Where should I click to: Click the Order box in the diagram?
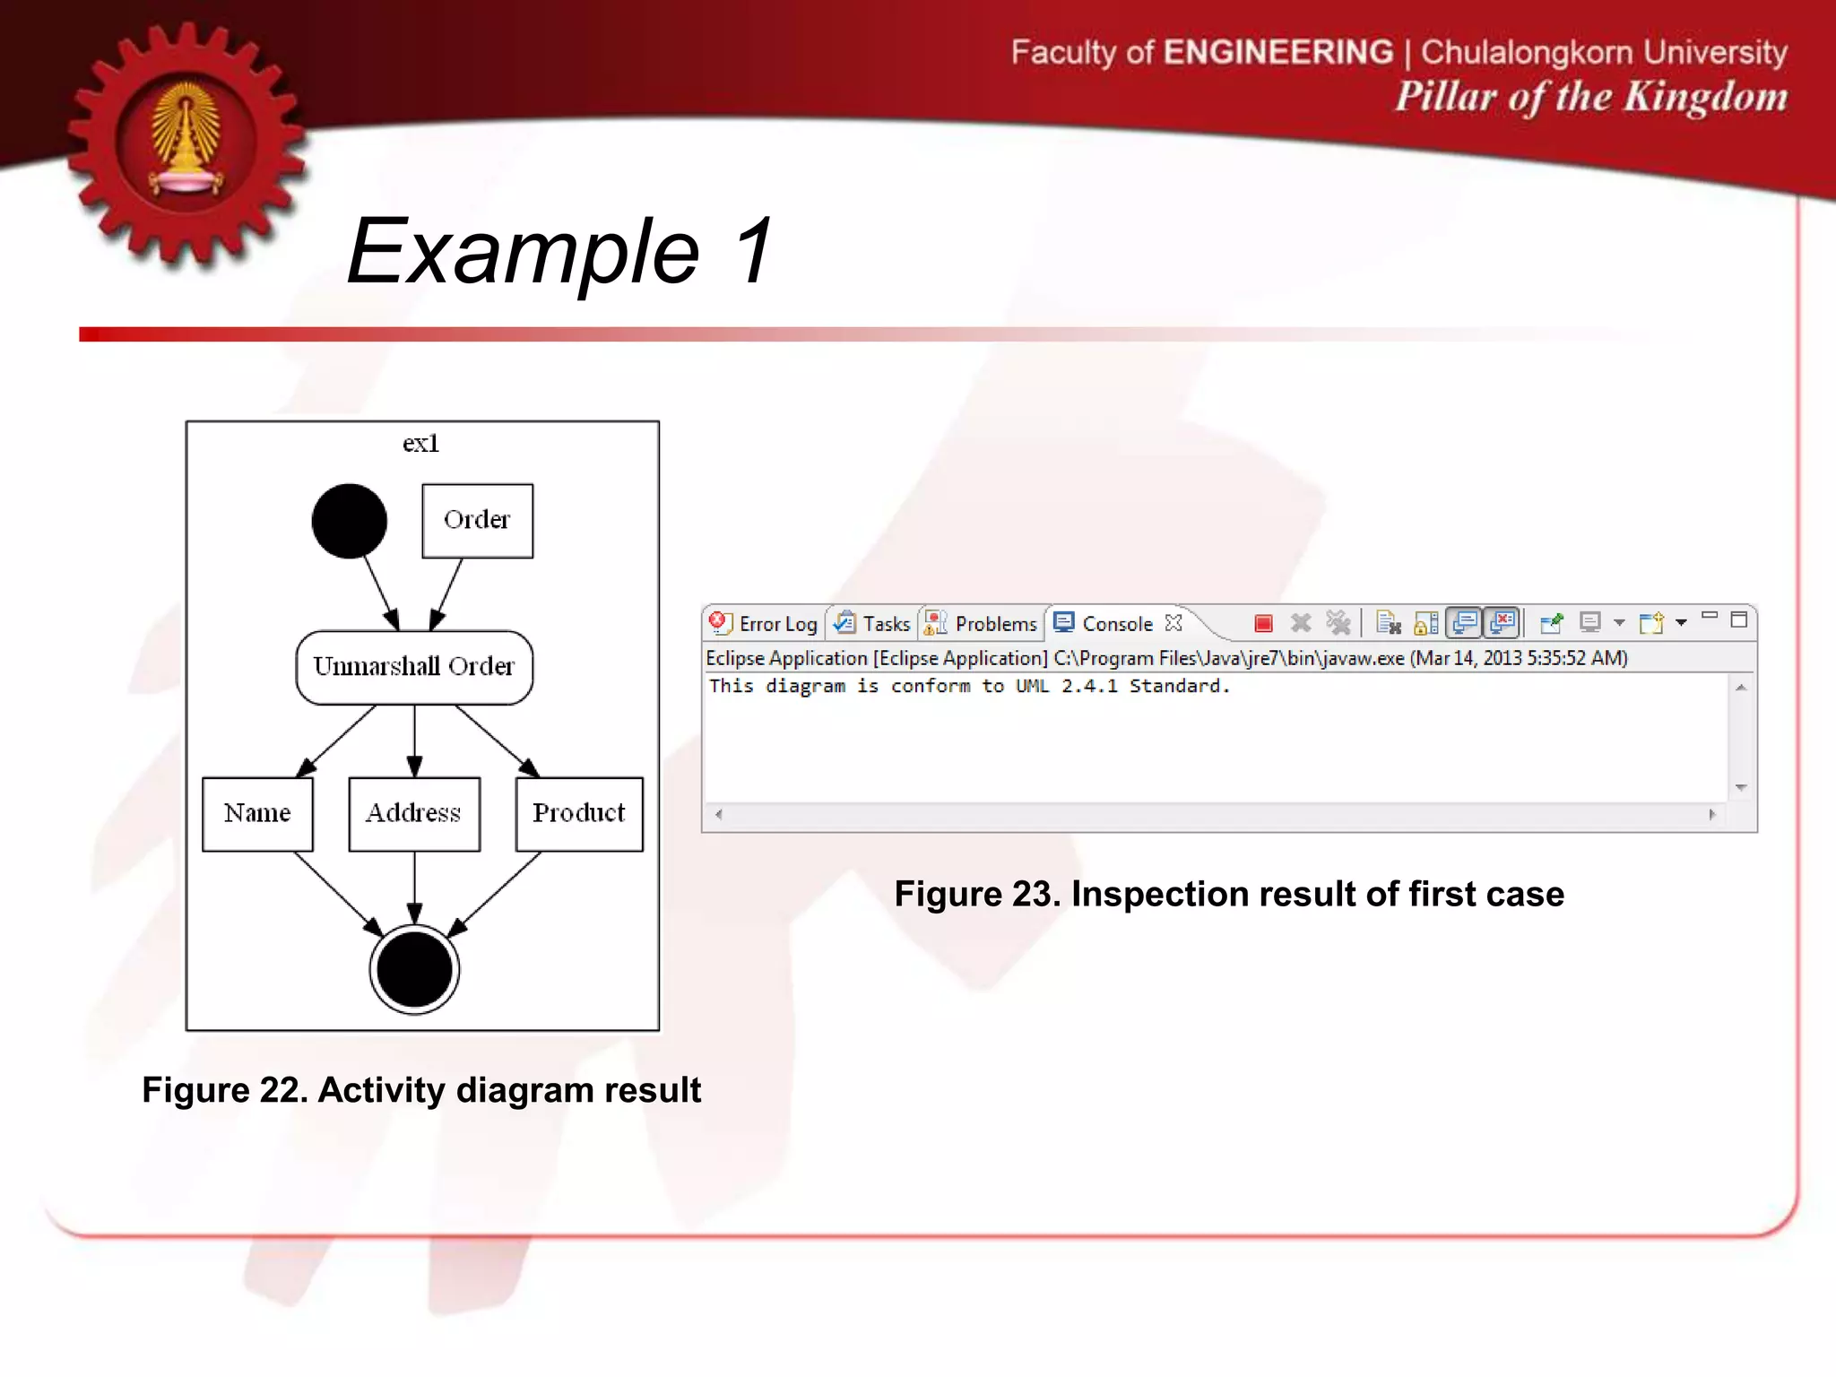(477, 521)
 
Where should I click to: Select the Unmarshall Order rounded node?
(414, 667)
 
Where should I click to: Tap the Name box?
(257, 814)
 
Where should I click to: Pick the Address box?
(414, 814)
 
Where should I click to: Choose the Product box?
(579, 814)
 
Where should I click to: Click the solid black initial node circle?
(350, 521)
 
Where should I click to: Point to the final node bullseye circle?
(414, 969)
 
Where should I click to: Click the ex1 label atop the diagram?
(420, 444)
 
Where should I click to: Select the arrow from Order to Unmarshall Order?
(447, 593)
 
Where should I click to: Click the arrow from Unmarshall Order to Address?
(414, 740)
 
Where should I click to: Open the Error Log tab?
(765, 624)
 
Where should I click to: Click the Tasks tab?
(873, 624)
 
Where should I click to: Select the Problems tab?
(983, 624)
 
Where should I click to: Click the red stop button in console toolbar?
(1263, 623)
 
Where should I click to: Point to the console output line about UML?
(969, 687)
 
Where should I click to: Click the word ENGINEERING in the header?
(1278, 52)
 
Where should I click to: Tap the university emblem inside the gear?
(186, 142)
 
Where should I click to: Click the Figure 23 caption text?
(1229, 895)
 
